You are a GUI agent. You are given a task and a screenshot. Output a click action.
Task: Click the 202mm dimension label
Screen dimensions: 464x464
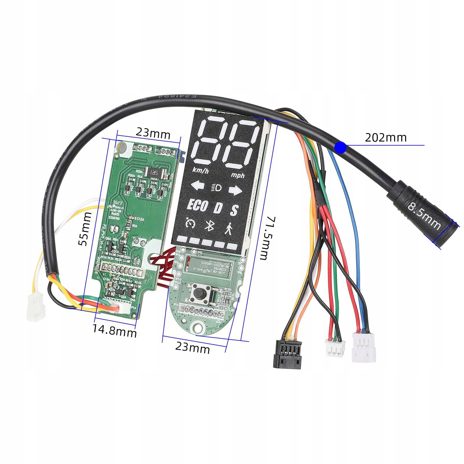coord(385,137)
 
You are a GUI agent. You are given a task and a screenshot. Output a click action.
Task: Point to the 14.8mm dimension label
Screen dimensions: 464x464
coord(115,331)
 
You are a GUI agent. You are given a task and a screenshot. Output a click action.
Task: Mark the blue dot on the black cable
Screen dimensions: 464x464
coord(340,148)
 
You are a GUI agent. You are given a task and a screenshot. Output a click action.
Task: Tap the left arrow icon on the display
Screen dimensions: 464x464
coord(197,186)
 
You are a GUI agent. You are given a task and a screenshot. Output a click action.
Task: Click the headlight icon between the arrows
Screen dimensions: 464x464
coord(217,188)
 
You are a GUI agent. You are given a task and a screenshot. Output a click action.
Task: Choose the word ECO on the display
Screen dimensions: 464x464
coord(197,205)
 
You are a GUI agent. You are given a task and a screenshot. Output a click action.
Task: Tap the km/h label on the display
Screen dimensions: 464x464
coord(200,171)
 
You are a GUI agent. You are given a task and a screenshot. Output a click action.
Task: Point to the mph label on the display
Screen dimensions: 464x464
coord(238,175)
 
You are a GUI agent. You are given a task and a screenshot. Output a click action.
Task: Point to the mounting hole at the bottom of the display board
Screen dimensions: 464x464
coord(198,327)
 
